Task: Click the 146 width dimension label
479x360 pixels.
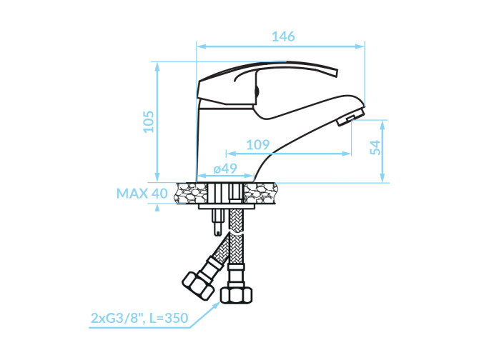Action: (283, 36)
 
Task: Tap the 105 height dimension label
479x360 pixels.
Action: (149, 121)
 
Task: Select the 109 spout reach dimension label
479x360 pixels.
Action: (258, 144)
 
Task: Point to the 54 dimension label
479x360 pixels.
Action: (376, 147)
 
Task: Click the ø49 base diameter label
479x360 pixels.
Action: (225, 168)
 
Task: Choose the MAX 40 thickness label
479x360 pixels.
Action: (142, 193)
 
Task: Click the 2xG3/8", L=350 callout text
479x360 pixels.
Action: (139, 318)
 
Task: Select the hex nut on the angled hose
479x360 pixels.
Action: (197, 285)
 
